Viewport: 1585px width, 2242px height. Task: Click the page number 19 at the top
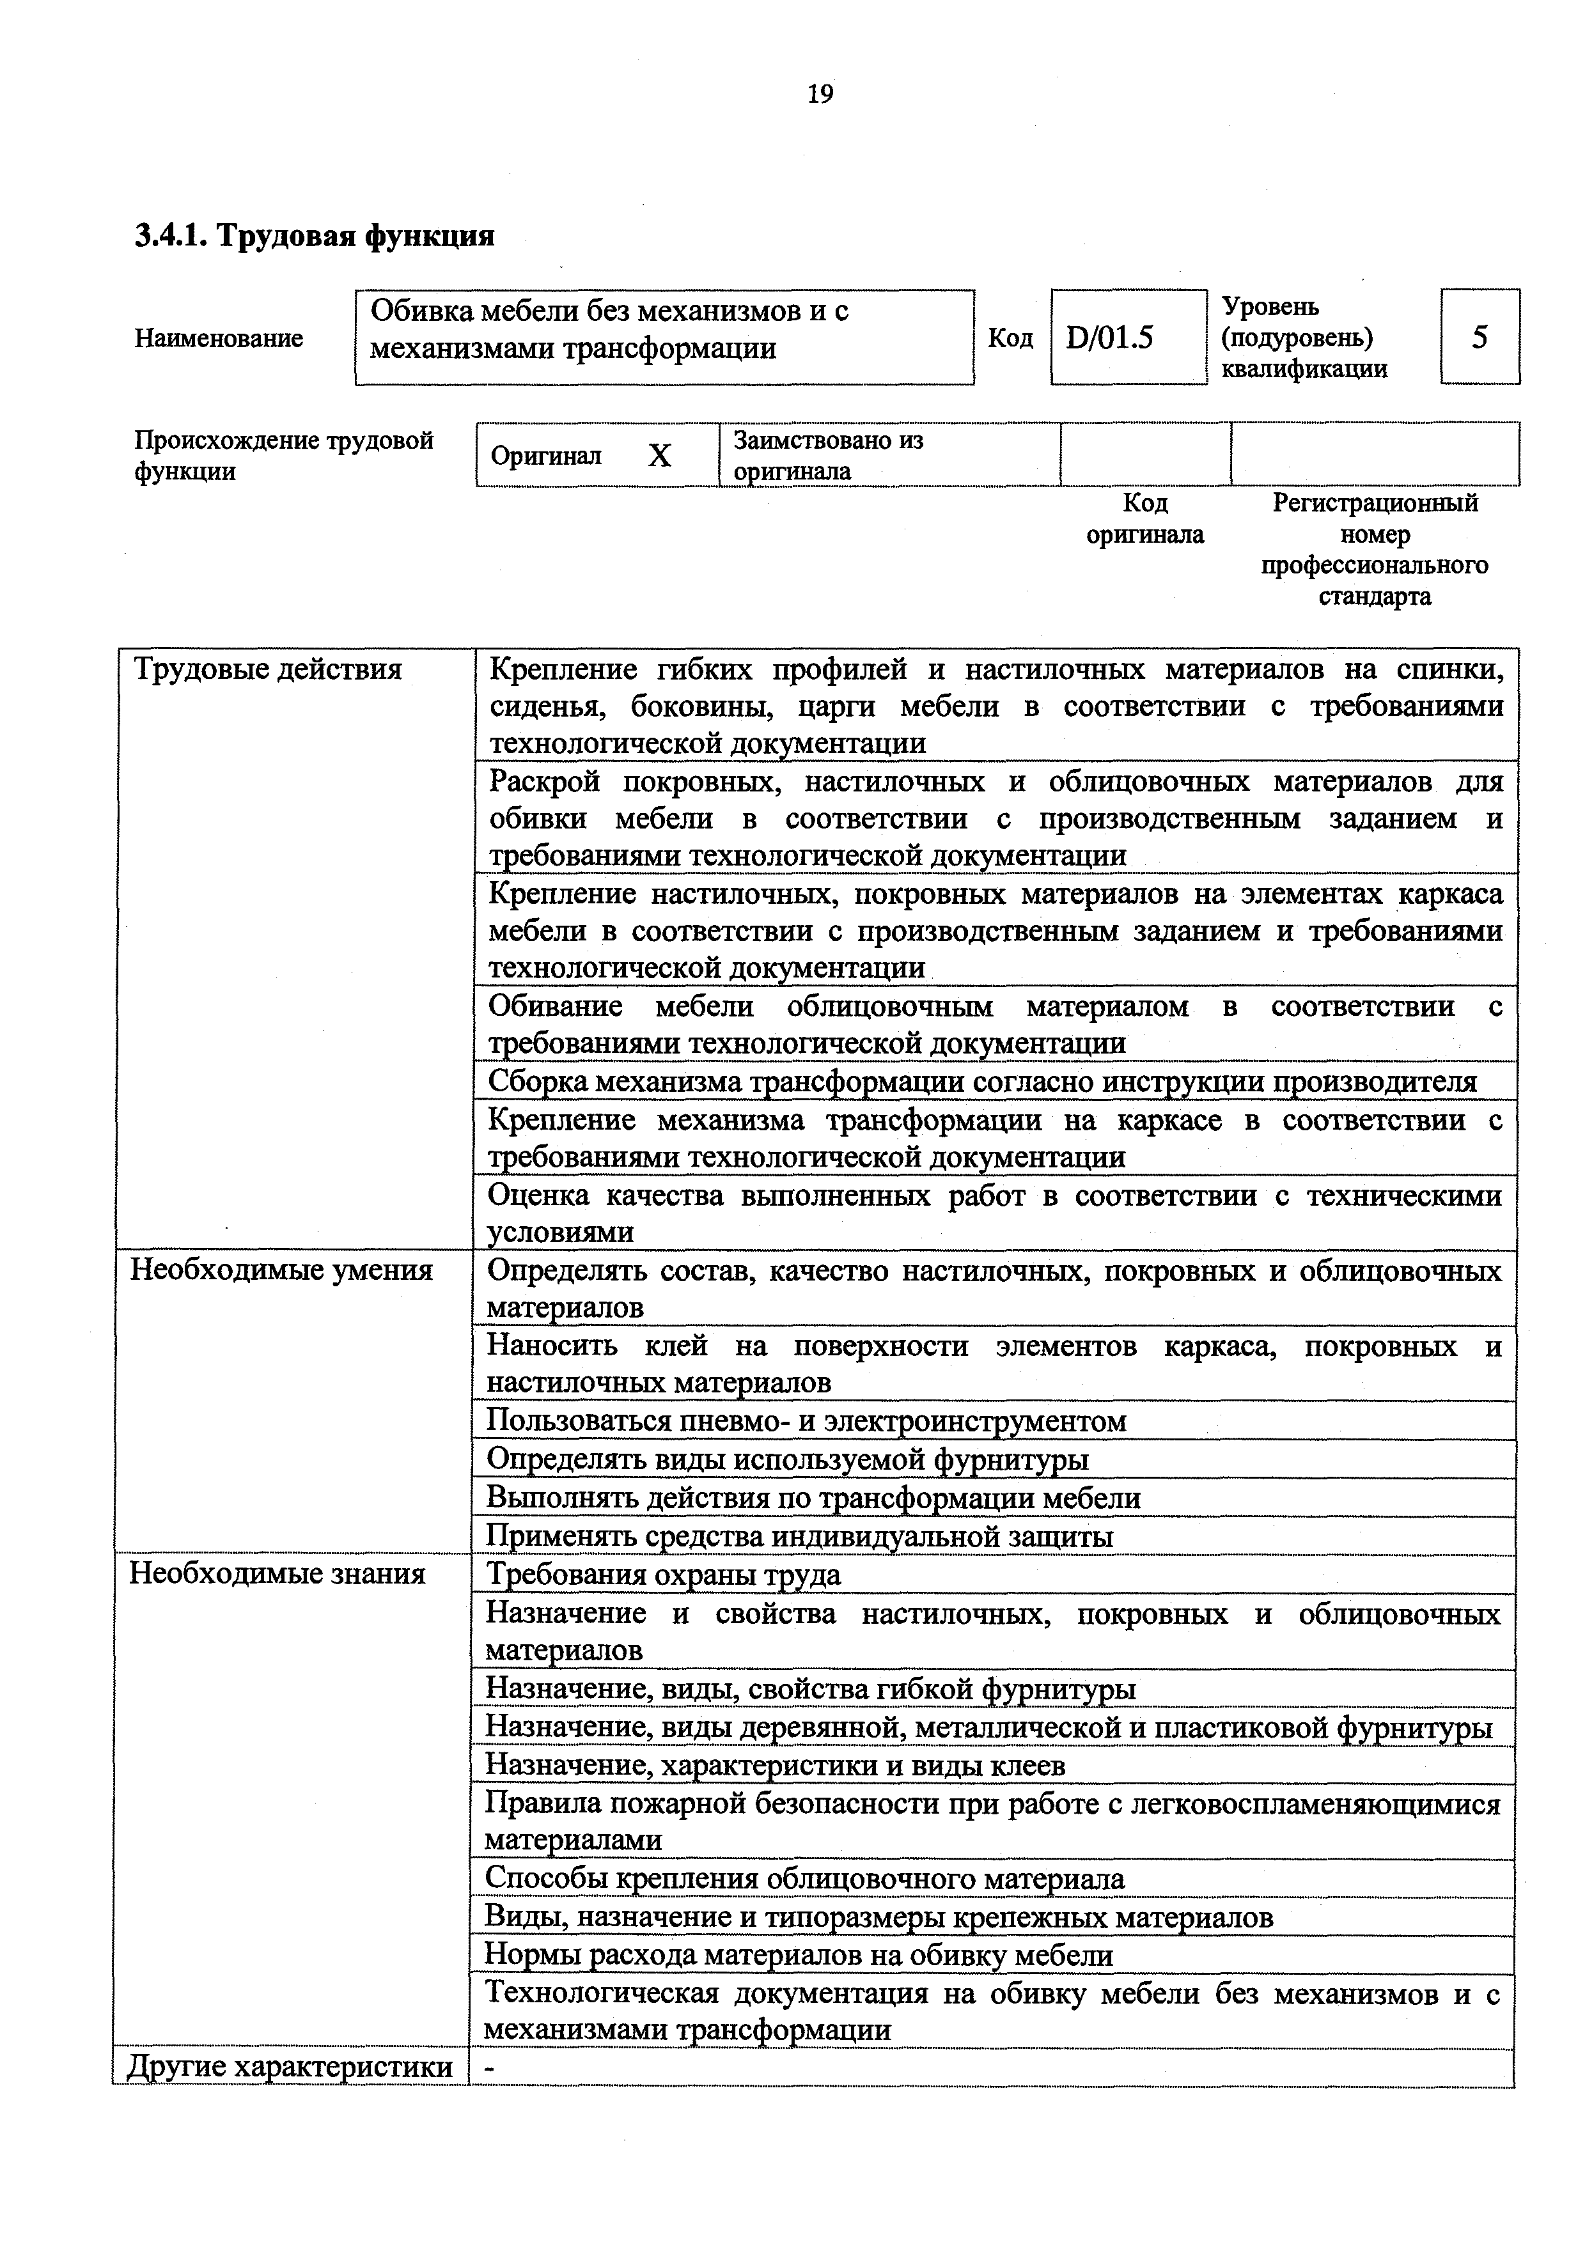[x=820, y=94]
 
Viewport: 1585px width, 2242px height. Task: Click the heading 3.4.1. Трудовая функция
[x=315, y=235]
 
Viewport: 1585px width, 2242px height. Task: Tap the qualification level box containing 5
[x=1479, y=337]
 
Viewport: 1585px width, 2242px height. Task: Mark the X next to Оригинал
[x=660, y=456]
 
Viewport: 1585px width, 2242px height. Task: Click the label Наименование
[x=219, y=339]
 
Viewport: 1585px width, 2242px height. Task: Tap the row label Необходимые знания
[x=277, y=1574]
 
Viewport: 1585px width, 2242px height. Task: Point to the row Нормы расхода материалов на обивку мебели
[x=799, y=1955]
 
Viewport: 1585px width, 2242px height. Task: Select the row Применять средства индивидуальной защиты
[x=799, y=1536]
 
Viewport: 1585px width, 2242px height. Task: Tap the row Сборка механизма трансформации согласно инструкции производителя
[x=981, y=1081]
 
